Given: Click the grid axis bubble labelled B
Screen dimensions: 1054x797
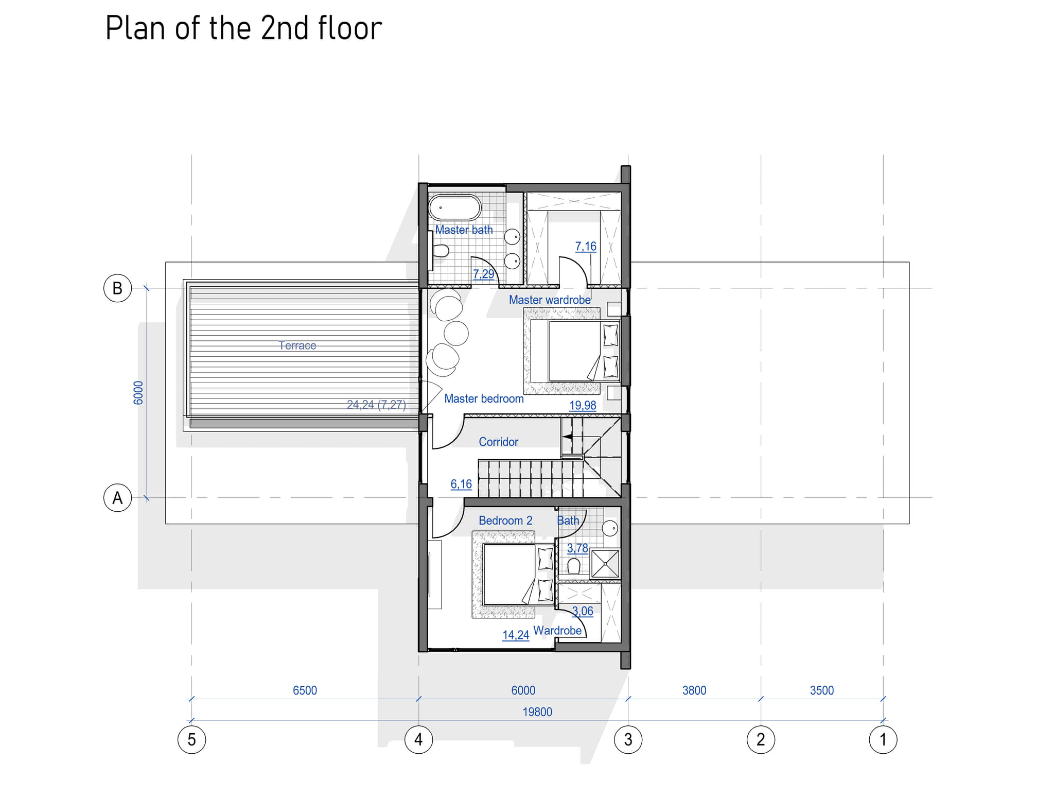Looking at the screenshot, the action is pos(117,288).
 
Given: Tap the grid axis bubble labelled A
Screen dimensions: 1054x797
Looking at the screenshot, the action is pos(117,498).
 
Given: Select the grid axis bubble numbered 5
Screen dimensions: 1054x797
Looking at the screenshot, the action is pos(191,740).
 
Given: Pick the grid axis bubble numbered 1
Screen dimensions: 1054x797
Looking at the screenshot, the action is pos(883,740).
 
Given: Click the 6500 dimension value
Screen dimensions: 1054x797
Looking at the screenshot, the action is pos(305,690).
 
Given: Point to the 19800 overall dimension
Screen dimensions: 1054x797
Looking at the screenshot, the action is pos(537,712).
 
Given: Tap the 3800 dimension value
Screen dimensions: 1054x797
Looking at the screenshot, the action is pos(694,690).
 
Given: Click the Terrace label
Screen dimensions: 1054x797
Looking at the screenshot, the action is pos(297,345).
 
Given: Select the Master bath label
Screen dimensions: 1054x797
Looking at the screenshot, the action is pos(464,230).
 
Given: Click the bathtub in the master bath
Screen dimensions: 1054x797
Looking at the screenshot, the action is pos(455,207).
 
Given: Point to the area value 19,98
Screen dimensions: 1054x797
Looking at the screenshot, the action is pos(583,406).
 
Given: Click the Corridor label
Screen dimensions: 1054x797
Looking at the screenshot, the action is pos(498,442).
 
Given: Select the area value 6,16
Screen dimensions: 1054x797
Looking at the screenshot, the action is pos(461,484).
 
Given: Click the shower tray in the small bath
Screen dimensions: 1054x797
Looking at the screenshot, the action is pos(605,564).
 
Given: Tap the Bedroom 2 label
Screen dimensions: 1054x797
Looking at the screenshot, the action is pos(505,521).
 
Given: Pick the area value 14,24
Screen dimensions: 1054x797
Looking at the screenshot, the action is pos(516,635).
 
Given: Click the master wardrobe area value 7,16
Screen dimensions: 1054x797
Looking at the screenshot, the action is pos(586,247).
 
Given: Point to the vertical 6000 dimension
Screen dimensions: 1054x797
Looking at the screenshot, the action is pos(138,393).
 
